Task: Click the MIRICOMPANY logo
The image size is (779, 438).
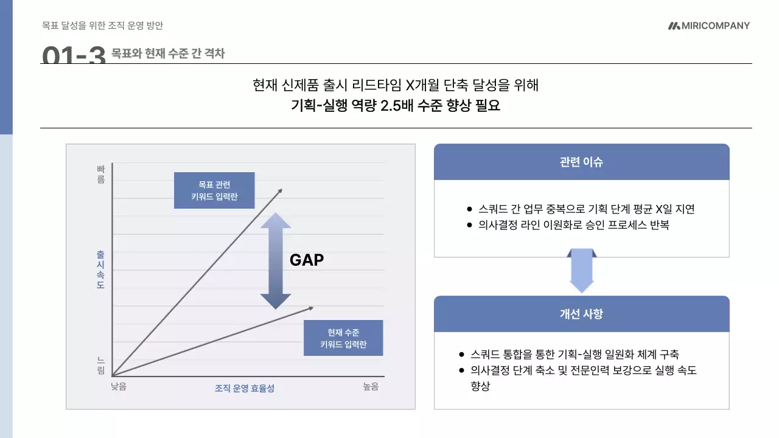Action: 708,26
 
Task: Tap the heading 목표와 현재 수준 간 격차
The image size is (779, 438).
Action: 168,54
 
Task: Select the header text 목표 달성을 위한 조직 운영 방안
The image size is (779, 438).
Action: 102,26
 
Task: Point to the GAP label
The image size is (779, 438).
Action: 306,260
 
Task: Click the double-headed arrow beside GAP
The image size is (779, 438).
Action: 276,260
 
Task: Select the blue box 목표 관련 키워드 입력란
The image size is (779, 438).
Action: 214,190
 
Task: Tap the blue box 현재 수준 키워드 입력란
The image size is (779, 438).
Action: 343,338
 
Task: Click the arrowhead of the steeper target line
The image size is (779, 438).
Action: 281,190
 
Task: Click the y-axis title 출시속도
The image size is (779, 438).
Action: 100,269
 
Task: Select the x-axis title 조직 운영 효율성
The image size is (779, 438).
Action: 245,388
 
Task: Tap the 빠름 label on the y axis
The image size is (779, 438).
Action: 101,174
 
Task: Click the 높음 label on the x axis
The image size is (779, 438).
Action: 371,386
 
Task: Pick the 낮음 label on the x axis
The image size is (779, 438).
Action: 119,386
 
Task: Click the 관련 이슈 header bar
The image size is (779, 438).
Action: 581,162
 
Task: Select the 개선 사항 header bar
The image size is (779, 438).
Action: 581,314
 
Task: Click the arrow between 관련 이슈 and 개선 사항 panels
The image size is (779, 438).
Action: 581,271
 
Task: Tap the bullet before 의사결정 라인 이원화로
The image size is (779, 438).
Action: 469,225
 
